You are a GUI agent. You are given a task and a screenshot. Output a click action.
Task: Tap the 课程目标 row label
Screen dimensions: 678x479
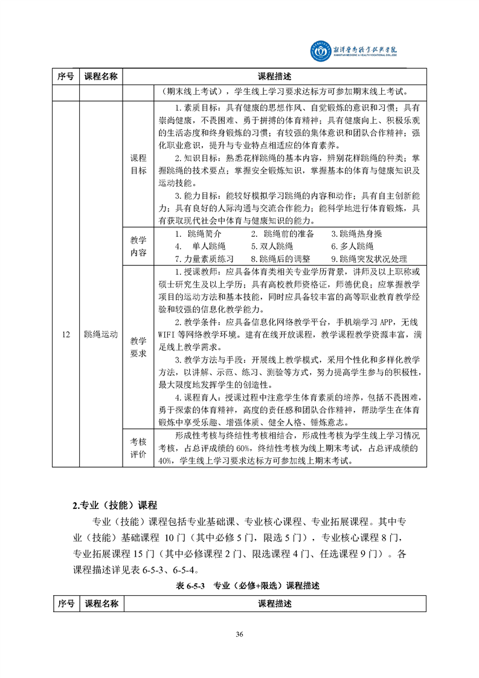point(138,164)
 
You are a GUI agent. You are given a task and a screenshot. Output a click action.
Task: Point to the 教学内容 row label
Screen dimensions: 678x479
point(138,247)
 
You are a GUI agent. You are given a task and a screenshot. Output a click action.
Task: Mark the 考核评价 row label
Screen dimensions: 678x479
point(138,448)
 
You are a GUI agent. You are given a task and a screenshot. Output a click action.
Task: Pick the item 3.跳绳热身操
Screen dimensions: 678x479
point(356,234)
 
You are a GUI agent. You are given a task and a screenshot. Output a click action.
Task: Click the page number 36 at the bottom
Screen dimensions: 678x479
point(239,634)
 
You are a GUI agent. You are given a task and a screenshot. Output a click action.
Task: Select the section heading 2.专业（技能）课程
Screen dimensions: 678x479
point(114,505)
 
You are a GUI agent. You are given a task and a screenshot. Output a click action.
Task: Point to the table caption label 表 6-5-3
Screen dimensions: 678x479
point(187,585)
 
